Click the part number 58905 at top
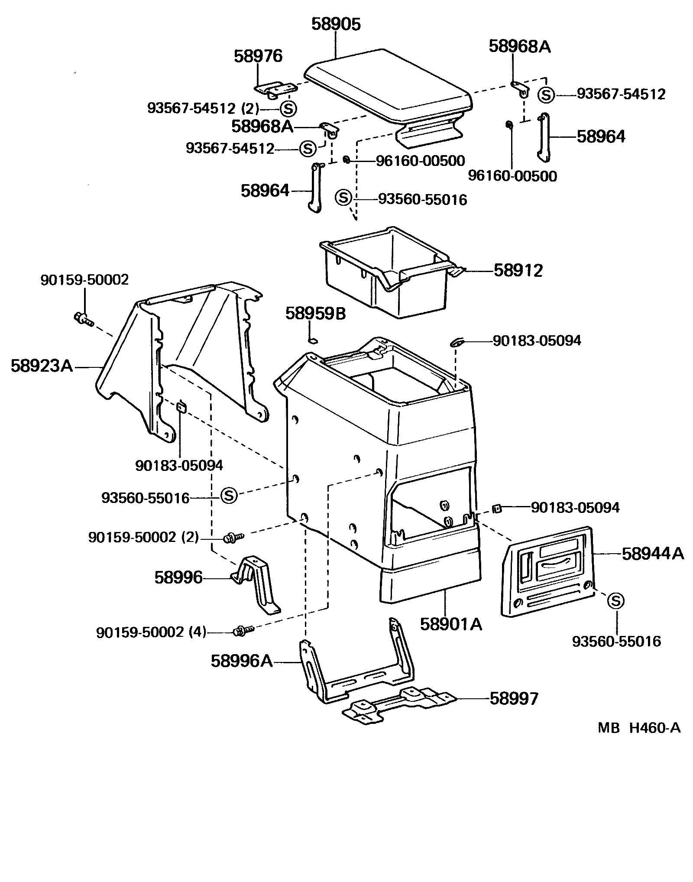click(336, 25)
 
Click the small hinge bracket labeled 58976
click(275, 89)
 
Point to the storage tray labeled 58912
click(385, 277)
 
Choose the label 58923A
click(42, 366)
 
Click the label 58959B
click(315, 314)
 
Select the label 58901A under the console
click(451, 624)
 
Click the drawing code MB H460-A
click(639, 728)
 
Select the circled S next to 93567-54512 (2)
click(288, 108)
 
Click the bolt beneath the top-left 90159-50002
click(84, 319)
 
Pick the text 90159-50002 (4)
click(151, 633)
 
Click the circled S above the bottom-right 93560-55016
click(615, 601)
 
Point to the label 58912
click(518, 271)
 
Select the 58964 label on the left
click(265, 191)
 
